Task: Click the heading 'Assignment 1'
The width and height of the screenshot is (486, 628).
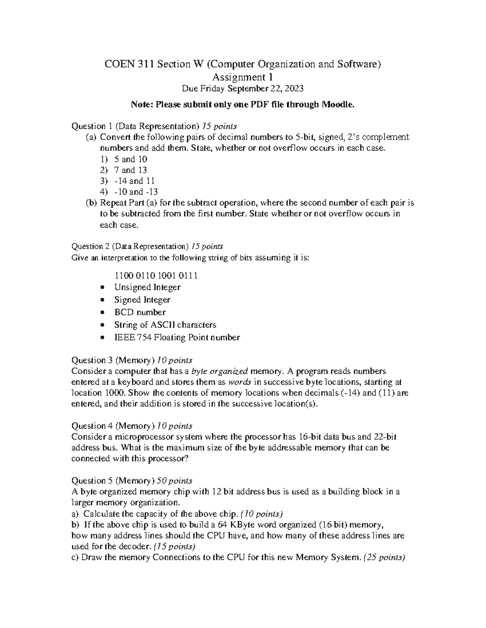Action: click(243, 77)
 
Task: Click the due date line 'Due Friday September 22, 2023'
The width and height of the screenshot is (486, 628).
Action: click(243, 89)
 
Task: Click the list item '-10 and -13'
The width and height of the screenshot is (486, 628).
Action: click(136, 192)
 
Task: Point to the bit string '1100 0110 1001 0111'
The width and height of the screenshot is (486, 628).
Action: click(156, 276)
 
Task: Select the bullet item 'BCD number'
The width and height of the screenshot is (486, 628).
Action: click(140, 312)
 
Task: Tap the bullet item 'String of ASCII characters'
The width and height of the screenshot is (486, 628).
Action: click(165, 325)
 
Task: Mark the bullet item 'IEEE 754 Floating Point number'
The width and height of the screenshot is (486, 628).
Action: click(177, 337)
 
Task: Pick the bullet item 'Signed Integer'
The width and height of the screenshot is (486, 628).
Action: click(142, 300)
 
